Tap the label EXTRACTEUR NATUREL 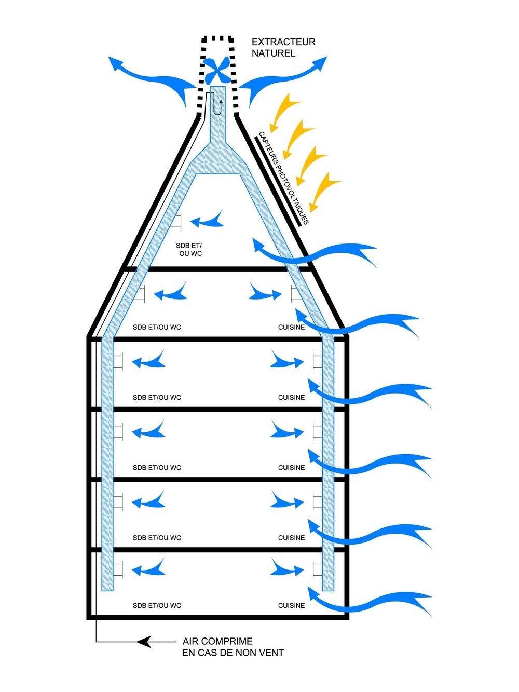click(x=283, y=47)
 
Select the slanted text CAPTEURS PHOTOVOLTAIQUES click(x=283, y=178)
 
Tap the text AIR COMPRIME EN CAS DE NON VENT click(x=233, y=647)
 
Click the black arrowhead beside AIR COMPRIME click(x=145, y=642)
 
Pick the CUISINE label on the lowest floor click(x=291, y=605)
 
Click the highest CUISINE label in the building click(x=291, y=328)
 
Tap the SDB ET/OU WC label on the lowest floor click(x=157, y=605)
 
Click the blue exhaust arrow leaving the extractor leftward click(x=151, y=78)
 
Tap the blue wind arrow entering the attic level click(x=317, y=252)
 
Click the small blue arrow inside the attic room click(x=208, y=221)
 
